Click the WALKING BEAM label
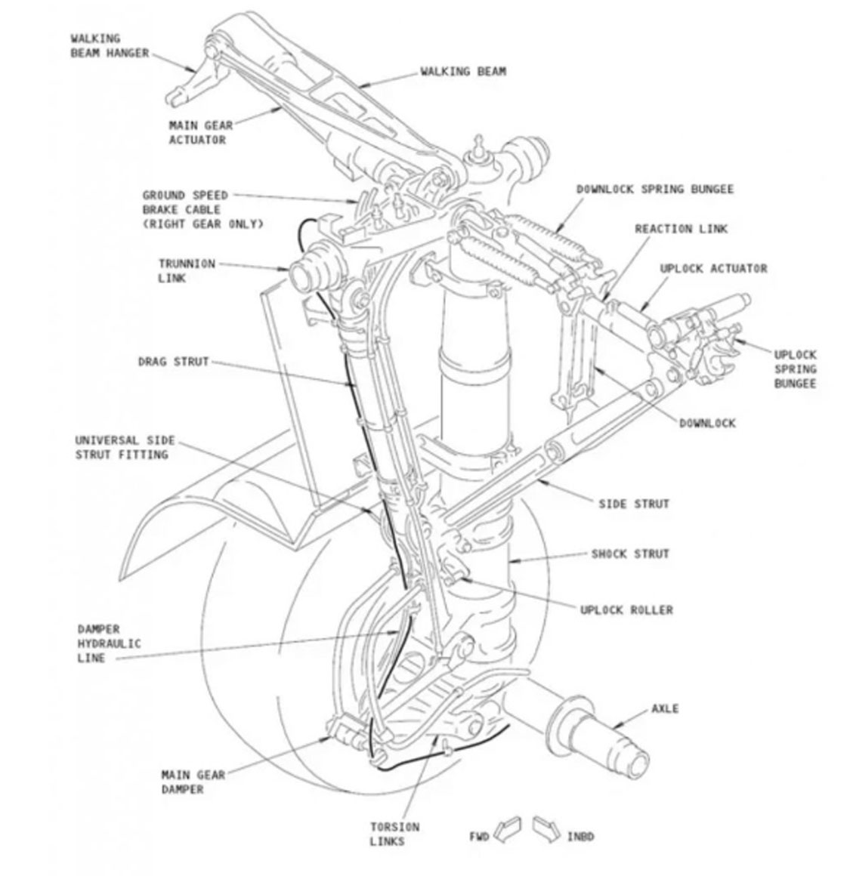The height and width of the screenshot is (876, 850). [463, 72]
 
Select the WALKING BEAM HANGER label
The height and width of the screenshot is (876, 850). [109, 45]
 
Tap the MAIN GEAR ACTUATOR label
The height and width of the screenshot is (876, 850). [200, 133]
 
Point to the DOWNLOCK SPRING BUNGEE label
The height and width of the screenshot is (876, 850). [654, 189]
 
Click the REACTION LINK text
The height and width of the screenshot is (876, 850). [681, 229]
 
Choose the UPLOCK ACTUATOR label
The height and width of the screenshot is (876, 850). [712, 269]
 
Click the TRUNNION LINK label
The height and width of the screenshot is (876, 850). [186, 271]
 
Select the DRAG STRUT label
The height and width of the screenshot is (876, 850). [173, 362]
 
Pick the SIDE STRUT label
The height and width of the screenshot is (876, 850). [633, 504]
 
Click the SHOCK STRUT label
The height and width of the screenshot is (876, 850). [630, 554]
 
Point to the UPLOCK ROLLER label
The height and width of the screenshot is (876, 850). [626, 609]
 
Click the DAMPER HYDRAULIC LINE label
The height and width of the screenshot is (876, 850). [108, 643]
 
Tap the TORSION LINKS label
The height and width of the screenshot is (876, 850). [394, 834]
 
